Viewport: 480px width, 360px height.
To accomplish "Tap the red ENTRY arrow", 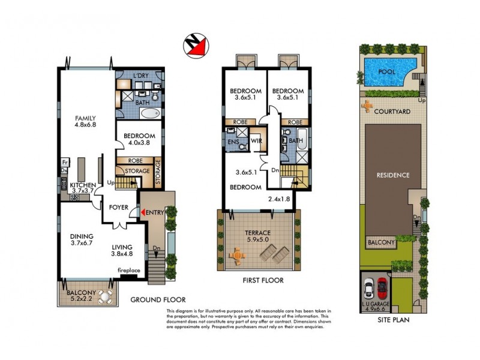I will tap(143, 212).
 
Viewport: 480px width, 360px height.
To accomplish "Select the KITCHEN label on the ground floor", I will tap(83, 185).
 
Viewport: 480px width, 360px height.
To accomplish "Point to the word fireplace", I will tap(128, 271).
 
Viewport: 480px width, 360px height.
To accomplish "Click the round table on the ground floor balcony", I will tap(107, 296).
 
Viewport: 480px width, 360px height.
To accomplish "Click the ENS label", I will tap(233, 141).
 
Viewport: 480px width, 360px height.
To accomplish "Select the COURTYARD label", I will tap(391, 112).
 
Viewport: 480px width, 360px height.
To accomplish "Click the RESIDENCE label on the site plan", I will tap(393, 175).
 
